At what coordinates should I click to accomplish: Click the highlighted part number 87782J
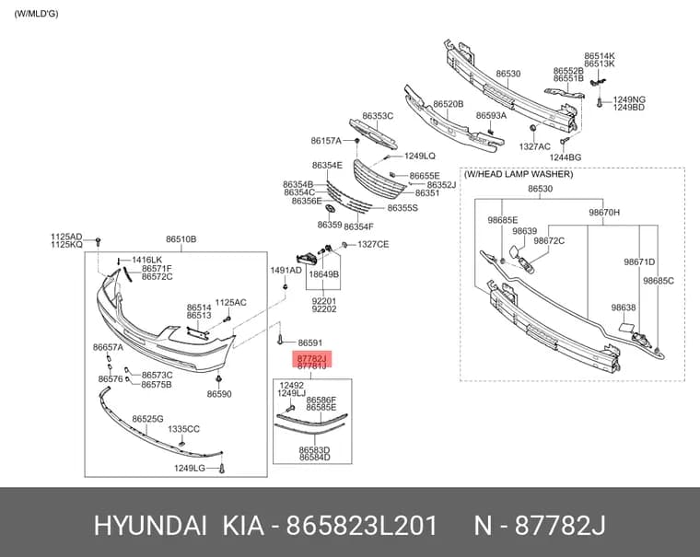311,358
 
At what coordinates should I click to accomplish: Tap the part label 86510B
181,239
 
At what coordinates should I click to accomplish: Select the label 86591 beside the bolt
309,342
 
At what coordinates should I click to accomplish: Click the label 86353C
378,116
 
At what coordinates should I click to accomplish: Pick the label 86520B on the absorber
449,104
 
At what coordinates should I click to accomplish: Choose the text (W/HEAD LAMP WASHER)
519,174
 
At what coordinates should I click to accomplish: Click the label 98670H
604,213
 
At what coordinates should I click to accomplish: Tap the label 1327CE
373,244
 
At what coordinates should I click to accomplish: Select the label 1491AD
286,270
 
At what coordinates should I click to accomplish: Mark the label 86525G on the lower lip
147,419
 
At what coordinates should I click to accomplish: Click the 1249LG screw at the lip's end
222,469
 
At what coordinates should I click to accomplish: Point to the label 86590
219,394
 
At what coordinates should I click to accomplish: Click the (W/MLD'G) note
36,14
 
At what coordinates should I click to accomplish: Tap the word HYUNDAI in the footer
150,526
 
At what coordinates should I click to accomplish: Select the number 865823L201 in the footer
362,526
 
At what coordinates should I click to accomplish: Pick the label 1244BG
566,157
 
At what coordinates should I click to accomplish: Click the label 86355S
402,208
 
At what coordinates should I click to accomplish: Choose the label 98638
624,308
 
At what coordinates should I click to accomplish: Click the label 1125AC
231,303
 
